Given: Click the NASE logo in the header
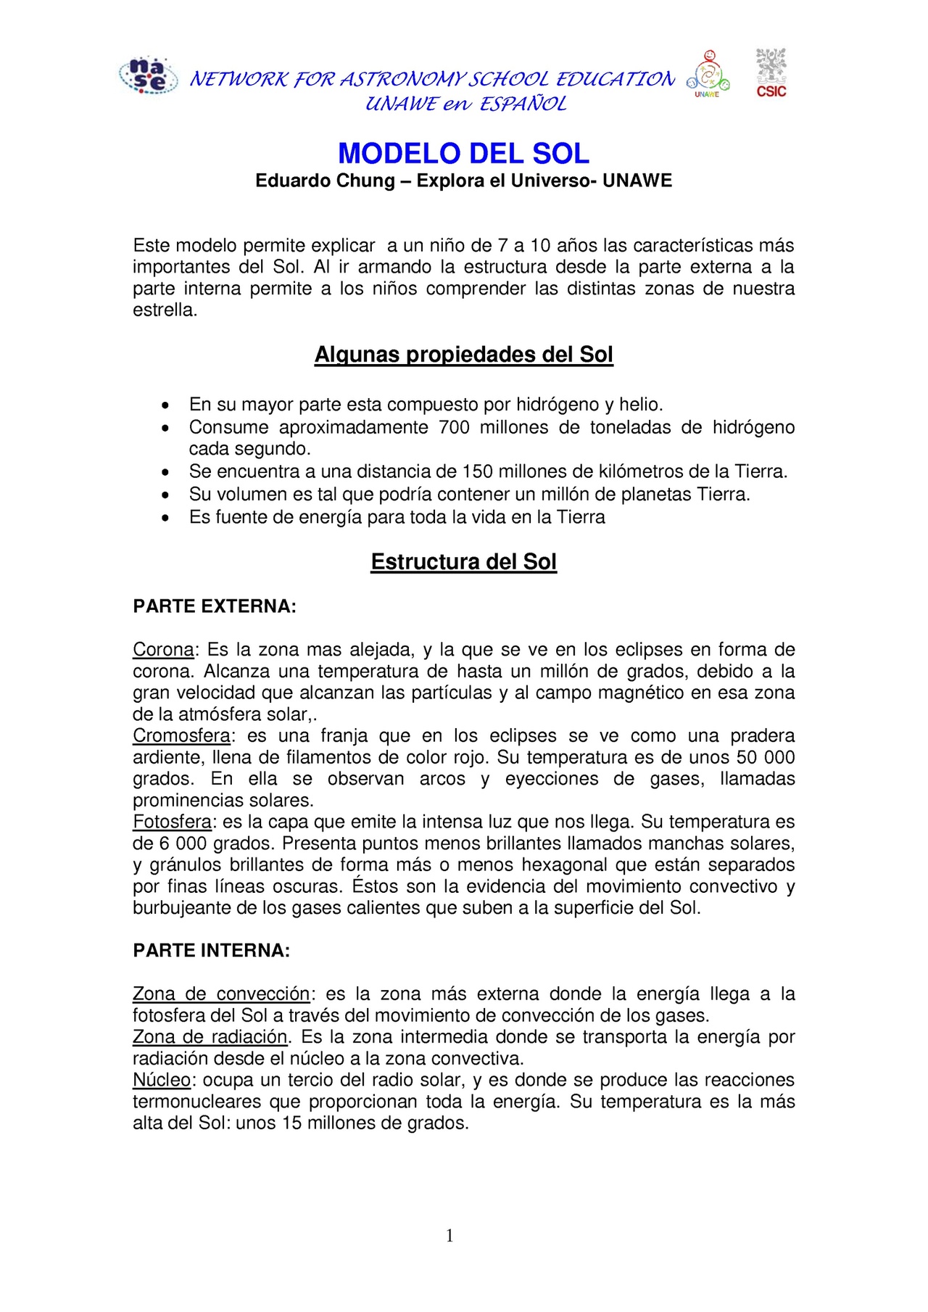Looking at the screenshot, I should [149, 76].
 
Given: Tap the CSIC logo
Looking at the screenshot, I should [771, 73].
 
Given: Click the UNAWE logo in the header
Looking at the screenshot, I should [708, 74].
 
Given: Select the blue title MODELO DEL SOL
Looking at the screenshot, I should [463, 153].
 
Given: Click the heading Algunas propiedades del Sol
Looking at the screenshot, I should [463, 355].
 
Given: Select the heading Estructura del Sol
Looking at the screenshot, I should [463, 562].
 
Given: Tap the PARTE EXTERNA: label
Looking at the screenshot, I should [215, 606].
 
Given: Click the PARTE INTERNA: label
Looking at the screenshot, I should [211, 951].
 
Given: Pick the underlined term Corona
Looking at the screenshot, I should [163, 649].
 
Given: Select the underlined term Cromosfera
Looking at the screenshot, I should [181, 735].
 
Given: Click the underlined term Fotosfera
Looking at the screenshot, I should [172, 822].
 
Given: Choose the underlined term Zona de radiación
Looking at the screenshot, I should [210, 1037].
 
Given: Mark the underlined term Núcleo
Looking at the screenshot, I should [162, 1080].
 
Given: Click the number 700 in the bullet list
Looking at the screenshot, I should [454, 427].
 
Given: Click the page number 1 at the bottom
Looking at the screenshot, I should [449, 1236].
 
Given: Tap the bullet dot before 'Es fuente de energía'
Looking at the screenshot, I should [167, 518].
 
